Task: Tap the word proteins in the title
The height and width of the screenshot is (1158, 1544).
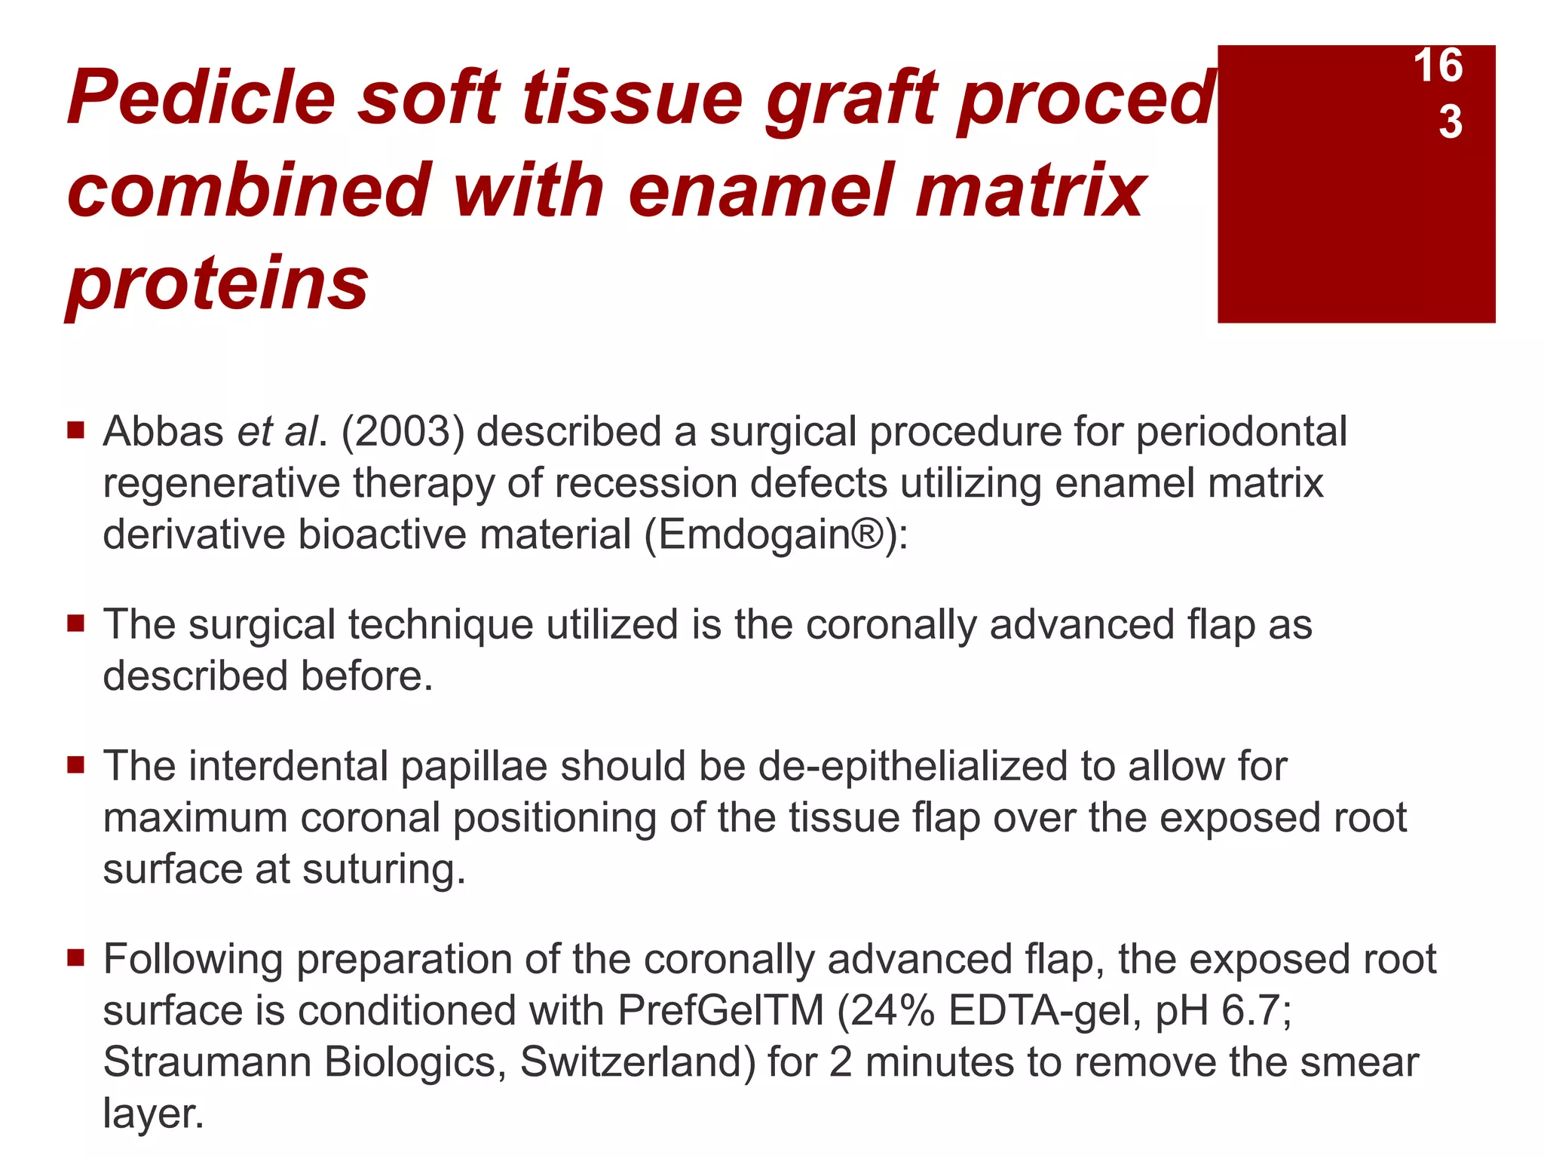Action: click(x=218, y=283)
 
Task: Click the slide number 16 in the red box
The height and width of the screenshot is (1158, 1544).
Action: click(x=1438, y=66)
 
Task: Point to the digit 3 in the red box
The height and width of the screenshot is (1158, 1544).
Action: click(x=1451, y=121)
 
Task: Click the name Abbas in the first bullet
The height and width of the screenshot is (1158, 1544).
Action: click(x=164, y=432)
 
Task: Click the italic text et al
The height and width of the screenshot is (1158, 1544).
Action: click(x=279, y=432)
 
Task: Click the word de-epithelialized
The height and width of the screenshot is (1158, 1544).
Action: click(x=913, y=767)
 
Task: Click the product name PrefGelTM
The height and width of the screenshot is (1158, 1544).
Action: click(x=721, y=1011)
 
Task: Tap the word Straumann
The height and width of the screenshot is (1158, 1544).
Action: click(x=207, y=1062)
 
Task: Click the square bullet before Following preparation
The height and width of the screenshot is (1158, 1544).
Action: click(x=75, y=958)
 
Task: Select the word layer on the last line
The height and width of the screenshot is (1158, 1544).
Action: click(x=153, y=1114)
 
